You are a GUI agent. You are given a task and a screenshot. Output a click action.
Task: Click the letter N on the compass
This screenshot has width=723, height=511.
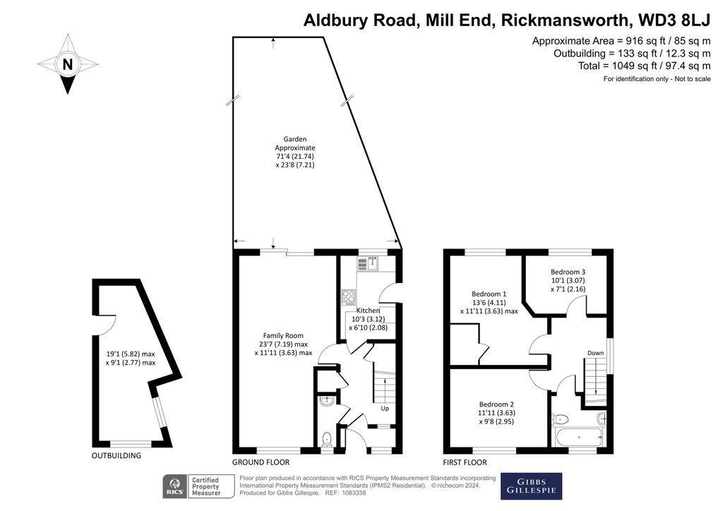coord(67,64)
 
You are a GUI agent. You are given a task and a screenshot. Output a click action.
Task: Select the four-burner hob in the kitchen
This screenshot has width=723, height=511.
coord(349,298)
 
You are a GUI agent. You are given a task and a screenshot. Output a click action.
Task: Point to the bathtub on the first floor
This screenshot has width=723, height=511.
coord(578,437)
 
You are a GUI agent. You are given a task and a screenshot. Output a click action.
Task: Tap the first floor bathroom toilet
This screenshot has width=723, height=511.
coord(558,417)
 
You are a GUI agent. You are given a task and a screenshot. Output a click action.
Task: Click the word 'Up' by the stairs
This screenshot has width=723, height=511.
coord(385,409)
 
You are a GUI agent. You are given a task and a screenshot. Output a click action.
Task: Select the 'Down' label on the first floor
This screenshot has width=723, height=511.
coord(596,353)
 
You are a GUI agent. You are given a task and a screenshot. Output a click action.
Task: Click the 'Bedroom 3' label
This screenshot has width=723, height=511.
coord(568,272)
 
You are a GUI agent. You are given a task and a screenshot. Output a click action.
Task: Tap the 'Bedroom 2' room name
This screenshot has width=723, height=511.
coord(494,403)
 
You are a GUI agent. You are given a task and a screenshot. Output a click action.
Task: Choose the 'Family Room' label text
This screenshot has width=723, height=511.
coord(283,335)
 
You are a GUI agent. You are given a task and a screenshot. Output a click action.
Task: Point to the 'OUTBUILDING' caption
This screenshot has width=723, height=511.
coord(116,456)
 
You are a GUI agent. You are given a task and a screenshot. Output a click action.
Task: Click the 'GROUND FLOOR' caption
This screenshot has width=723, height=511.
coord(261,462)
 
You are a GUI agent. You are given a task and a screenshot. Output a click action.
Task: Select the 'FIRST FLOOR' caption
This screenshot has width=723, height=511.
coord(465,462)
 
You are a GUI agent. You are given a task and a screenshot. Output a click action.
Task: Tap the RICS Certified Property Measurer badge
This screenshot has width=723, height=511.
coord(192,485)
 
